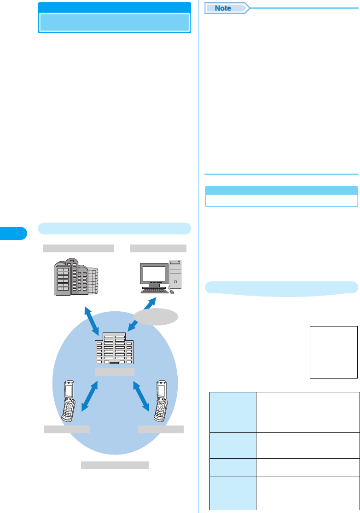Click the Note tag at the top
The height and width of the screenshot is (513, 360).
point(224,8)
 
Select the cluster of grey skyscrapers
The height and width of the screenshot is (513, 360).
point(72,277)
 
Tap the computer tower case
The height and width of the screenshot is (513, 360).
point(175,274)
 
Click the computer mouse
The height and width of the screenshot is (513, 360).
point(172,291)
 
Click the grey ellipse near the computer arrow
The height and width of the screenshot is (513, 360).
point(157,317)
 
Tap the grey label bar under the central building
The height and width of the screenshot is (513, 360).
point(115,372)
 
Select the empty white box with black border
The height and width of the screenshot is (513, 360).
point(334,352)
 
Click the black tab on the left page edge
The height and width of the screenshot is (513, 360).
point(13,233)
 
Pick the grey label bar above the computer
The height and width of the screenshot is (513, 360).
point(158,249)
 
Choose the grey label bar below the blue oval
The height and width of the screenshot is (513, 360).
point(115,465)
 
